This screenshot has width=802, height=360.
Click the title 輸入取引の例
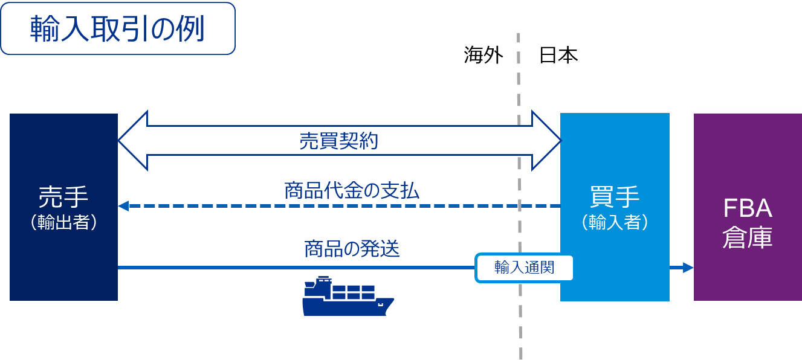tap(117, 29)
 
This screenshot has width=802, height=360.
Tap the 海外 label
tap(483, 56)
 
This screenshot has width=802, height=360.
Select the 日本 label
tap(558, 56)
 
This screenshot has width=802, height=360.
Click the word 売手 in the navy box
tap(63, 196)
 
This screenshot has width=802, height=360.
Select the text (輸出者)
tap(63, 223)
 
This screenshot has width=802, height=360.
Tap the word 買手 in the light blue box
tap(615, 196)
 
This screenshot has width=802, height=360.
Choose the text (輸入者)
tap(615, 223)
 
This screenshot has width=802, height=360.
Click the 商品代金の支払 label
tap(351, 191)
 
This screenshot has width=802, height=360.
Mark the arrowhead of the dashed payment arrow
tap(123, 206)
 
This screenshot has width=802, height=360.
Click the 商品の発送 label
tap(351, 248)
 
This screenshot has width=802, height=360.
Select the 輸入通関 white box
tap(524, 267)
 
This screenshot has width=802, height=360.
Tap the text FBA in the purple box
tap(748, 209)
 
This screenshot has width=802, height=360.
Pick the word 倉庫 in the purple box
tap(748, 237)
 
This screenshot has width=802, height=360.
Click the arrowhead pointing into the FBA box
tap(688, 267)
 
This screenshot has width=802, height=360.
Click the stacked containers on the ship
tap(354, 292)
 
